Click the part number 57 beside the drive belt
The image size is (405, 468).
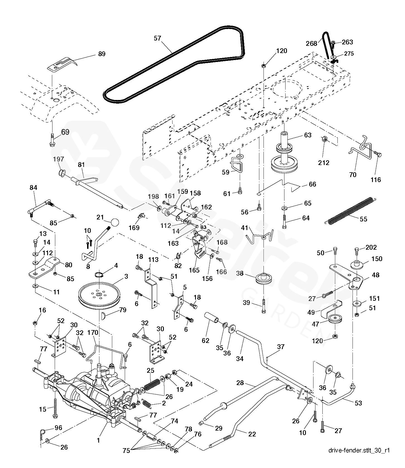tap(157, 38)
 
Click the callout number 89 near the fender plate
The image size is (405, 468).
tap(102, 54)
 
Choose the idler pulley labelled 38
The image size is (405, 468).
tap(263, 280)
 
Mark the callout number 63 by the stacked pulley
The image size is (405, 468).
tap(308, 135)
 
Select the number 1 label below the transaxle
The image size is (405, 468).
tap(98, 441)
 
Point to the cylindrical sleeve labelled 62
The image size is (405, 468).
tap(212, 319)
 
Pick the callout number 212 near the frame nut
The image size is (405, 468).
tap(324, 163)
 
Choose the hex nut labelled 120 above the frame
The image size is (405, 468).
tap(263, 66)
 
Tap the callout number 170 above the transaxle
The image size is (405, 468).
tap(93, 333)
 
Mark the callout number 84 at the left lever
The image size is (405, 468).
tap(33, 188)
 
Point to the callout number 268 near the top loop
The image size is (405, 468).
tap(311, 43)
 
